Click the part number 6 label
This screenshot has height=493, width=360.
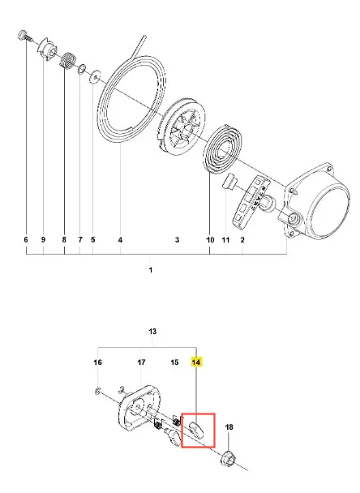pos(26,239)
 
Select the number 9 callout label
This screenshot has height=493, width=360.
pos(43,239)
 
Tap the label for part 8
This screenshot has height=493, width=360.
pos(64,239)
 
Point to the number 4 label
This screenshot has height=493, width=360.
pos(120,240)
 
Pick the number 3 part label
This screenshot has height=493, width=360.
pos(177,240)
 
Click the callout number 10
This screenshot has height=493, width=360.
pos(210,240)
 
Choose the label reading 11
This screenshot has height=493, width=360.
pos(225,240)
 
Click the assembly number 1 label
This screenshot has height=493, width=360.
pos(151,270)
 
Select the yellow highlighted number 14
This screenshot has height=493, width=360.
pos(196,362)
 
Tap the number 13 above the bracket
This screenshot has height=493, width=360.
pos(152,332)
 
